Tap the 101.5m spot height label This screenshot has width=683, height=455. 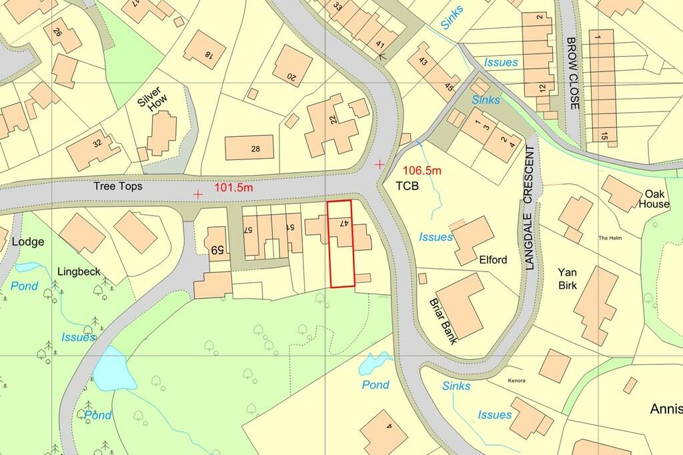click(x=233, y=188)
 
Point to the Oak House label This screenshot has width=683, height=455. click(x=653, y=199)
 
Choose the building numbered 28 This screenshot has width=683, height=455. click(x=255, y=149)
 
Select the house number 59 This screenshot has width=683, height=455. click(x=216, y=250)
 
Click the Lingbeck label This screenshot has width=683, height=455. click(x=79, y=272)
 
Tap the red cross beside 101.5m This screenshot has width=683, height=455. click(x=198, y=194)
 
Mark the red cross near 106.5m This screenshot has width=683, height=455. click(x=380, y=164)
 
